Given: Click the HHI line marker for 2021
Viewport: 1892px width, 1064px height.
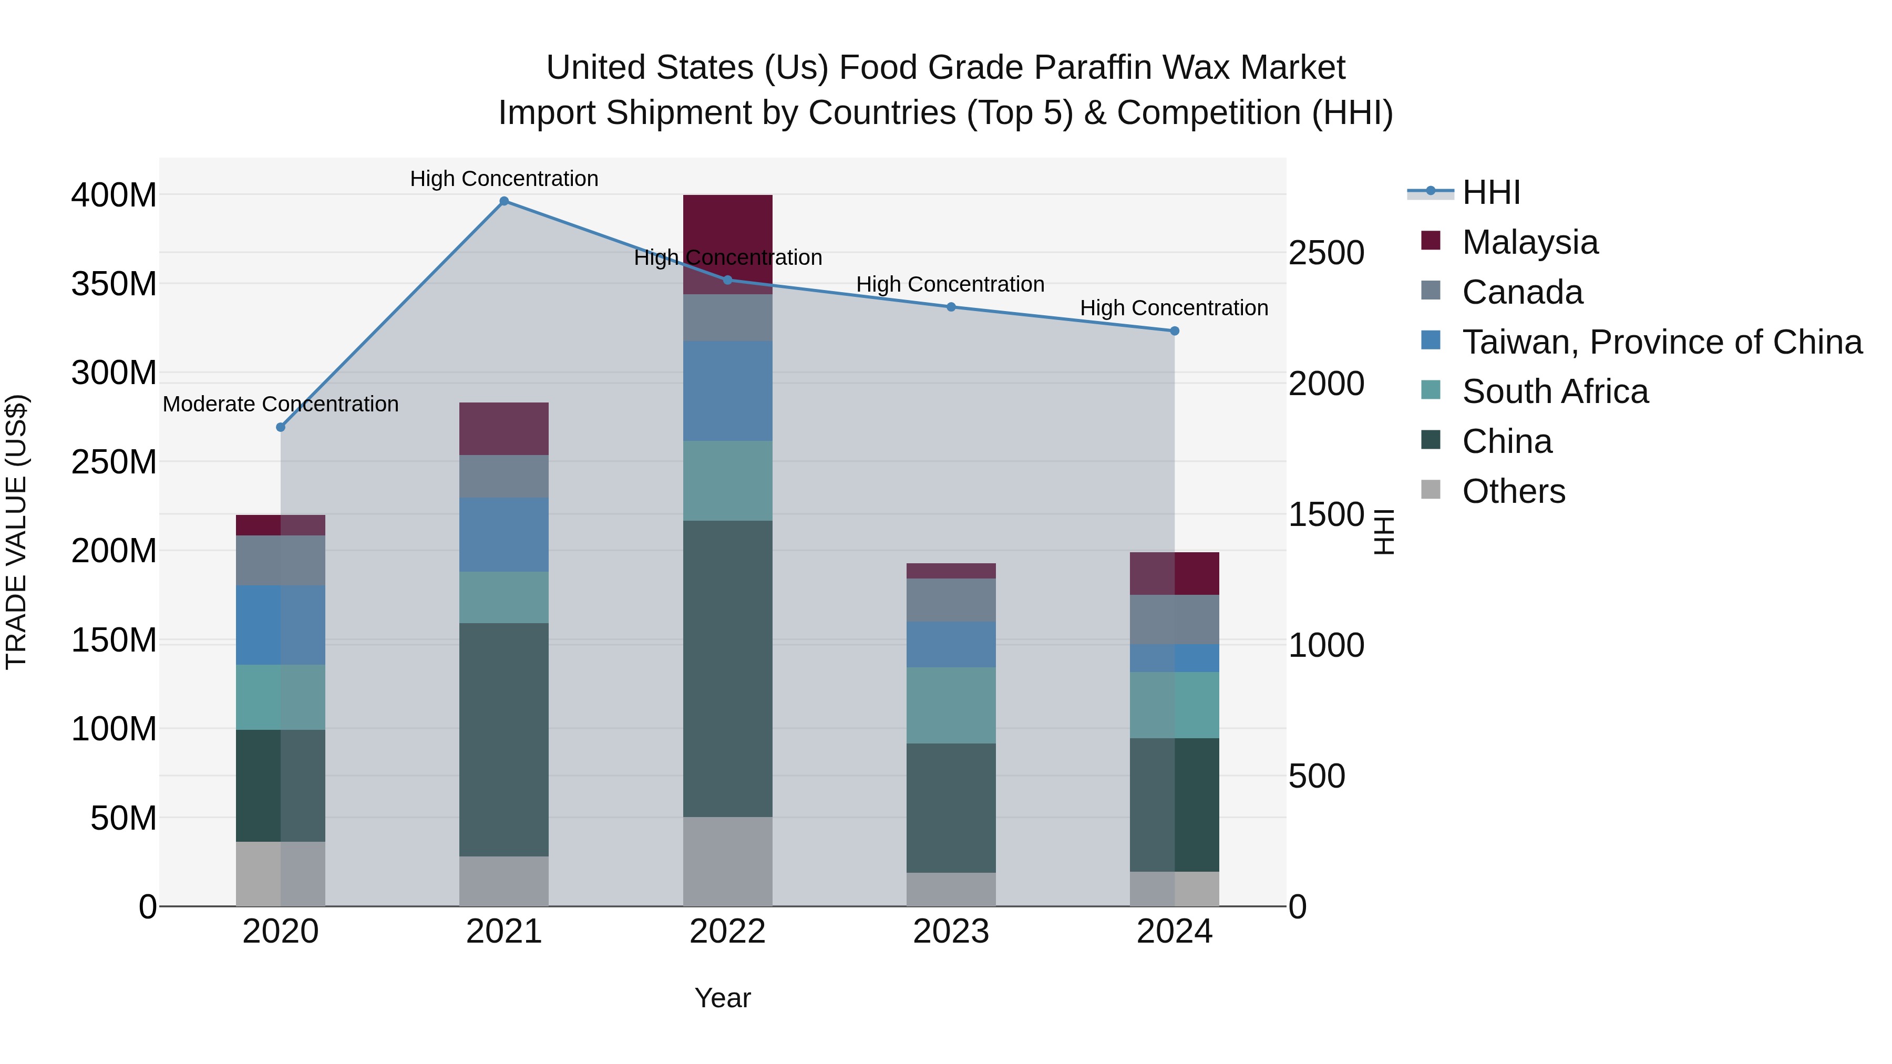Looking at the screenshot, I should pos(504,201).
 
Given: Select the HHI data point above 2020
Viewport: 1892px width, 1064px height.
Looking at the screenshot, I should pos(281,427).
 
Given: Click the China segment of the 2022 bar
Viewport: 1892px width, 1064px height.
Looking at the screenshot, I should pos(727,668).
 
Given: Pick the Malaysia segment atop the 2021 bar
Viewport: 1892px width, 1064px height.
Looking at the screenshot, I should pos(504,429).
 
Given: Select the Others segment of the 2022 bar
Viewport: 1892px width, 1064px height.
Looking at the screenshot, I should pos(727,861).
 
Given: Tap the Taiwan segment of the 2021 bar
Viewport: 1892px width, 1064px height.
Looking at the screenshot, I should pos(504,534).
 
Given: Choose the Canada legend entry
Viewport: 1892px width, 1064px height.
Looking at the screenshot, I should pos(1522,292).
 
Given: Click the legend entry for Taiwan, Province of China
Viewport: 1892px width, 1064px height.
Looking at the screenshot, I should pos(1661,342).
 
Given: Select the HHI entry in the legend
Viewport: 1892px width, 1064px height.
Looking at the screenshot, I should pos(1490,192).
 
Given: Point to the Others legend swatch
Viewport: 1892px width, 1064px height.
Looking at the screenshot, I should pos(1431,490).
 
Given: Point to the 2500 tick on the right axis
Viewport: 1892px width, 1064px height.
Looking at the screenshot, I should pos(1327,253).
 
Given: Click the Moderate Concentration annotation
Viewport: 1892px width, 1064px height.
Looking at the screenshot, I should pos(281,404).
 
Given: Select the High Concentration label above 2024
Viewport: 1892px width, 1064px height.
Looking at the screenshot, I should pos(1174,308).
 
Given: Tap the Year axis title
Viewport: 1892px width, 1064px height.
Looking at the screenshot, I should pos(723,998).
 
